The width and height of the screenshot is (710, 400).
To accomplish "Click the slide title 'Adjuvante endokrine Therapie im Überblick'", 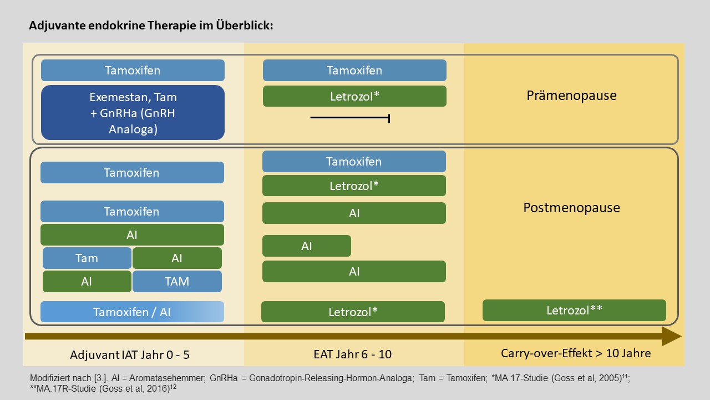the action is pos(151,26).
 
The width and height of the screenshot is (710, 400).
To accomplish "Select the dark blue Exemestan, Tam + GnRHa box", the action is pos(133,113).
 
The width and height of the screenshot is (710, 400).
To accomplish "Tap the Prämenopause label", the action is pos(571,96).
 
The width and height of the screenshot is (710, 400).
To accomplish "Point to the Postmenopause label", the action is pos(571,208).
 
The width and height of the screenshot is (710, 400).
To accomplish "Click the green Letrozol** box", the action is pos(574,310).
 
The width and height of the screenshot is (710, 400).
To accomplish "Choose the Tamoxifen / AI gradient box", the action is pos(132,312).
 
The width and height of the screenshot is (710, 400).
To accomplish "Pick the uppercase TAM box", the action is pos(177,281).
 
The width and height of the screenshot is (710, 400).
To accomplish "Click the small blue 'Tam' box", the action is pos(87,258).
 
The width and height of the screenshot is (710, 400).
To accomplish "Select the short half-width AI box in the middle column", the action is pos(307,246).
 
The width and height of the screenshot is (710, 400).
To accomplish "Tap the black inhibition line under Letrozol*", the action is pos(350,118).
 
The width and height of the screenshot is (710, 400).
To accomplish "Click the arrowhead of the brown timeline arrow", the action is pos(672,336).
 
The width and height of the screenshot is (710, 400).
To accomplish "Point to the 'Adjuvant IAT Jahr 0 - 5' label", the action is pos(130,354).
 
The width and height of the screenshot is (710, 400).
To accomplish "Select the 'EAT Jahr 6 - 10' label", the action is pos(352,354).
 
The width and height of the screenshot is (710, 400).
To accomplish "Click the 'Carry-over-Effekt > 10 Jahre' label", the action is pos(576,353).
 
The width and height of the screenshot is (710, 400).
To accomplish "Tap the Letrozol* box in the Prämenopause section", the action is pos(354,96).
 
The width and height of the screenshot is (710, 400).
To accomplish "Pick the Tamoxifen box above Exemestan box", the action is pos(133,70).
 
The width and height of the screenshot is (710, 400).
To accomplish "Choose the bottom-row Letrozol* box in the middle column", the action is pos(353,312).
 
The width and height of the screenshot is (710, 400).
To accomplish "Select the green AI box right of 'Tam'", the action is pos(177,258).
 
